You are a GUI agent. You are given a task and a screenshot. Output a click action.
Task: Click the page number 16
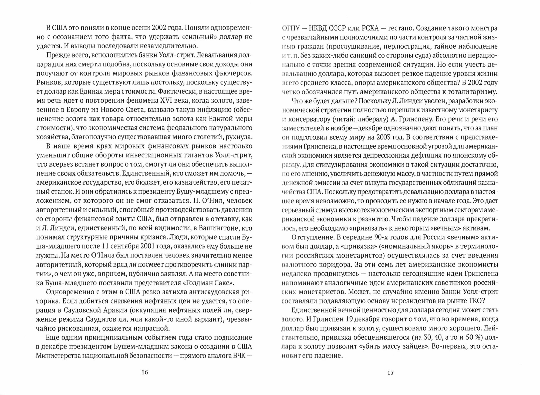(x=145, y=373)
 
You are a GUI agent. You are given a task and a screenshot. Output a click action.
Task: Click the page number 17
(x=390, y=373)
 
